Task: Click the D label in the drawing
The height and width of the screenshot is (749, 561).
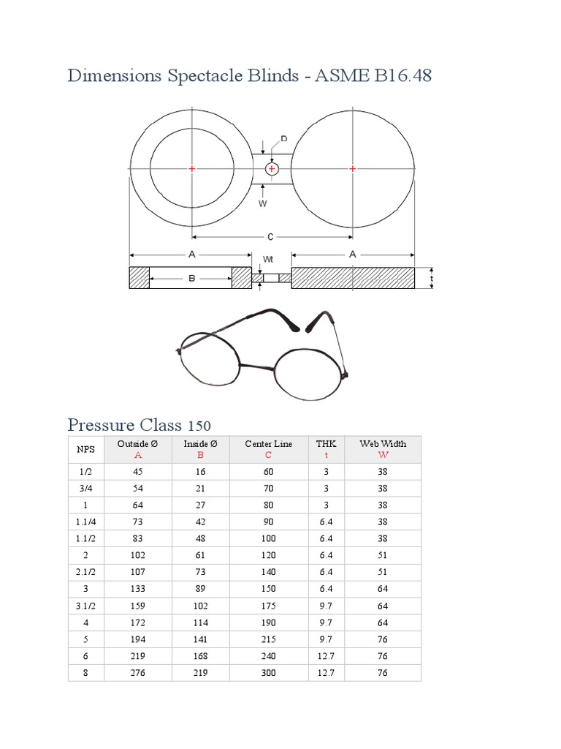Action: [284, 139]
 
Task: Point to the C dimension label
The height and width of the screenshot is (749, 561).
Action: [270, 237]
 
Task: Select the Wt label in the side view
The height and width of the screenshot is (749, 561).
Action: [268, 260]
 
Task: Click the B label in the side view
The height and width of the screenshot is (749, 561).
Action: [191, 278]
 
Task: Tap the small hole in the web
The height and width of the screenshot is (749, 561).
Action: [272, 169]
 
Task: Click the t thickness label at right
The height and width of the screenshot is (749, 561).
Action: [432, 278]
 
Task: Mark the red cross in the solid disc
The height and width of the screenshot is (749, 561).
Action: [353, 169]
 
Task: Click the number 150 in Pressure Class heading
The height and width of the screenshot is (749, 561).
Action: [199, 426]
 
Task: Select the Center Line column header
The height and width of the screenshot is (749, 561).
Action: [268, 443]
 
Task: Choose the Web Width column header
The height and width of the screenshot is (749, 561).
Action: [383, 443]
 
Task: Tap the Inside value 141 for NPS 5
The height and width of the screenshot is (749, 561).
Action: [200, 639]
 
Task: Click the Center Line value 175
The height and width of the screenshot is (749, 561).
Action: [268, 606]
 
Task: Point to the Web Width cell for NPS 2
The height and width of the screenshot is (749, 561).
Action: [383, 555]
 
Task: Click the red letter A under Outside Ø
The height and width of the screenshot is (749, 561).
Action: [137, 454]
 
